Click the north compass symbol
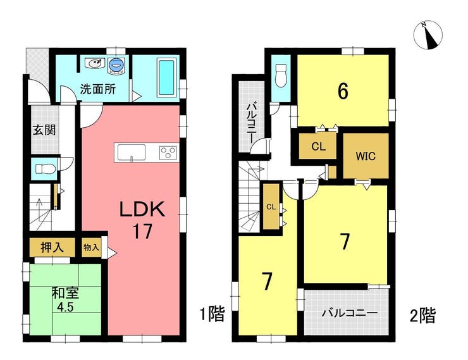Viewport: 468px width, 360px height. point(429,35)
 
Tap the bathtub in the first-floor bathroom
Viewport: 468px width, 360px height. point(165,78)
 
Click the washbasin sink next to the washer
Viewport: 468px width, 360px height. point(94,63)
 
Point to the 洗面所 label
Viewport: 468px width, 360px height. point(97,89)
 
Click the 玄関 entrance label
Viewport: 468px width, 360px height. point(44,130)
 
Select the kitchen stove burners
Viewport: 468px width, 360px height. point(168,152)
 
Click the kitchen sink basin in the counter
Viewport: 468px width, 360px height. point(132,152)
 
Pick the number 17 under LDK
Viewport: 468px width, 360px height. point(143,231)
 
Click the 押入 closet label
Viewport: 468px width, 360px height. point(52,247)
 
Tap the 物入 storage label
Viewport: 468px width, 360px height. point(91,247)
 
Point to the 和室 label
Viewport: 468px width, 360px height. point(65,293)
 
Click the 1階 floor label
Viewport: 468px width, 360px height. point(212,314)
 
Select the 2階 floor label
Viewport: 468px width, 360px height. point(422,315)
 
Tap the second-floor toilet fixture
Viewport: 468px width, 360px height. point(281,75)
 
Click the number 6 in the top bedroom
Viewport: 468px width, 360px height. point(343,91)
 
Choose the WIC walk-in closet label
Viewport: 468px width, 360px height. point(366,156)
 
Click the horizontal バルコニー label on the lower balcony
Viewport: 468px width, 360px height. point(350,313)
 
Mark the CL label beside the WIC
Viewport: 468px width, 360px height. point(318,147)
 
